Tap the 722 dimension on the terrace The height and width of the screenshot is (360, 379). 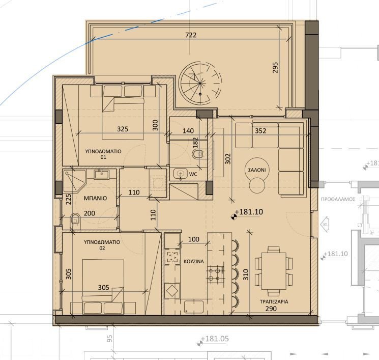[191, 35]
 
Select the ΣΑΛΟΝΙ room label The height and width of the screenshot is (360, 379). [256, 170]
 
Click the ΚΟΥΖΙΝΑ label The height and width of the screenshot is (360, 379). [194, 261]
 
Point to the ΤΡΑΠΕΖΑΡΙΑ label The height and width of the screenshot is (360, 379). [274, 301]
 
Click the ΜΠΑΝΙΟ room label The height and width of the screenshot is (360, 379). [95, 199]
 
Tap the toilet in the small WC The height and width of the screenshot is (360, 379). [198, 154]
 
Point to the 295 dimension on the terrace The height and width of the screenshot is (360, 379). [276, 68]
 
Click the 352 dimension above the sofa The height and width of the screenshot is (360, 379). [260, 130]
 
